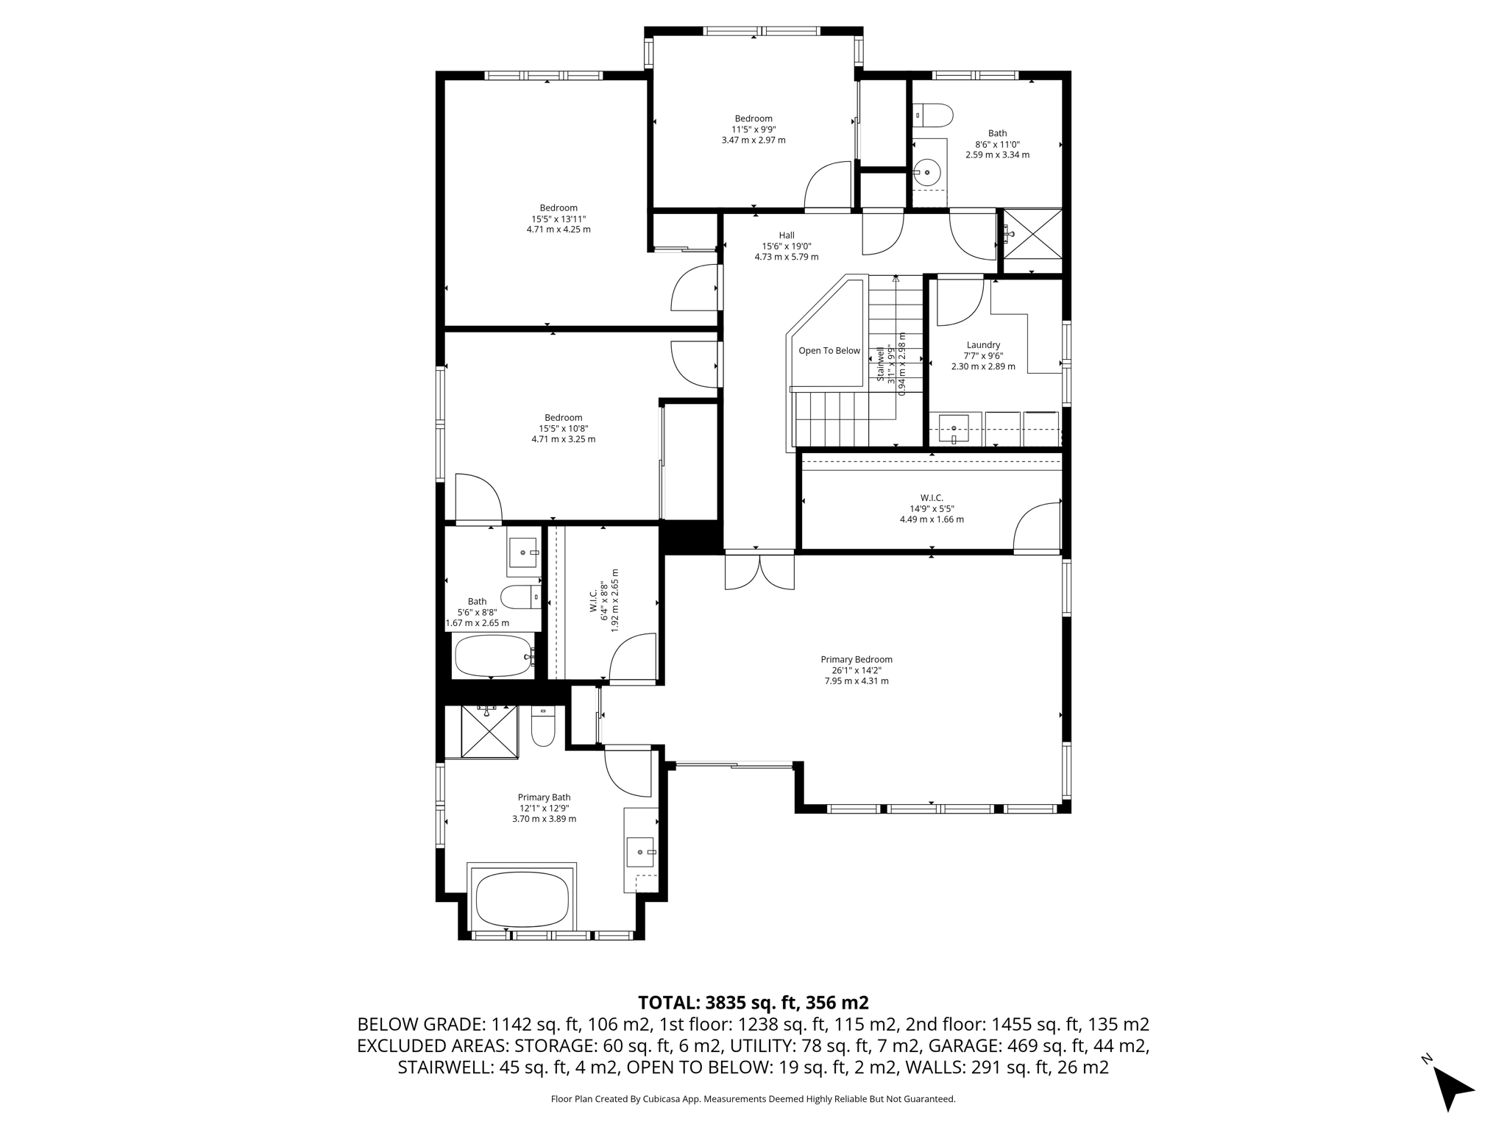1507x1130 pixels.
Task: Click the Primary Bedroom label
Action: click(x=856, y=670)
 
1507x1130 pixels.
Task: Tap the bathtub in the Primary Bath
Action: click(x=522, y=900)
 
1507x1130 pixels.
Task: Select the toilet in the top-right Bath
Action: click(x=933, y=116)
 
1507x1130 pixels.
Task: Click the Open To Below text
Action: click(x=829, y=351)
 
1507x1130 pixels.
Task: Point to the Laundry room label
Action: click(x=983, y=355)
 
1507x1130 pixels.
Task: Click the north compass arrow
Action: click(x=1451, y=1088)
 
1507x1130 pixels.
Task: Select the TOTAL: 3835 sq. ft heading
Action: click(x=753, y=1003)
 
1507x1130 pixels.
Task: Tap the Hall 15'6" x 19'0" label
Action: click(x=786, y=246)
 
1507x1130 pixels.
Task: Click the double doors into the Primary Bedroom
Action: click(x=759, y=572)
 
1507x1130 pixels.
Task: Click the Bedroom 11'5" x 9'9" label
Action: click(x=753, y=129)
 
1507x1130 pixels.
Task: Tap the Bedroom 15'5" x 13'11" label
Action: click(x=559, y=218)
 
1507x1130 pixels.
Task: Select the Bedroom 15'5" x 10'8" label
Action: click(x=563, y=428)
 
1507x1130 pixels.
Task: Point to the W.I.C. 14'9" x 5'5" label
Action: click(x=932, y=508)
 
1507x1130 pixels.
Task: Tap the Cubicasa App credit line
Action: click(x=753, y=1099)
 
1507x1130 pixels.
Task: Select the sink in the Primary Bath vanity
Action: click(x=640, y=852)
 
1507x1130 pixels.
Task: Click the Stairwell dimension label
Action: click(x=891, y=364)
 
